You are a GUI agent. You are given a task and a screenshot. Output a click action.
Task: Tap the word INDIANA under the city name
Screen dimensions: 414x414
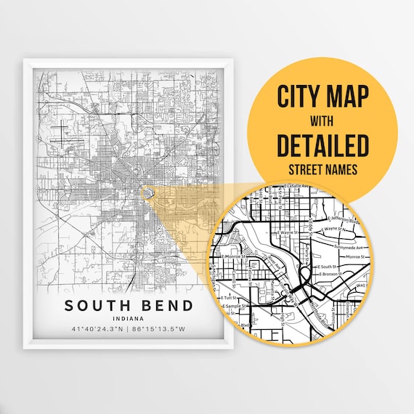(x=127, y=318)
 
